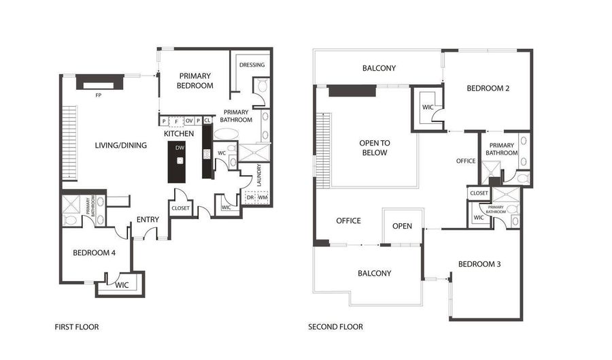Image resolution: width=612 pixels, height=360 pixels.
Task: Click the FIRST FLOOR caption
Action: coord(76,327)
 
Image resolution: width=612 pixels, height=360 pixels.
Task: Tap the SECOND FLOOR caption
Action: coord(335,327)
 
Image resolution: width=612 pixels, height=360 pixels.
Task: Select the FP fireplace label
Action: coord(98,95)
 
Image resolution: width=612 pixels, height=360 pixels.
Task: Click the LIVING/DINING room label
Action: coord(121,145)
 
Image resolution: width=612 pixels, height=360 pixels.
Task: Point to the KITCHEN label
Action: coord(179,134)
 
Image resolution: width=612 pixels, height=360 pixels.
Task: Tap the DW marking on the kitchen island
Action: coord(180,148)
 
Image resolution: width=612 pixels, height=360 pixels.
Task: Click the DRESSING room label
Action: coord(252,65)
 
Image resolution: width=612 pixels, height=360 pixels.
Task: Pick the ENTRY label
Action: coord(148,219)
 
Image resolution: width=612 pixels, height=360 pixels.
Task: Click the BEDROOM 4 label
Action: coord(94,252)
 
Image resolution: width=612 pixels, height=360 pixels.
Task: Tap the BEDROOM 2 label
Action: coord(488,88)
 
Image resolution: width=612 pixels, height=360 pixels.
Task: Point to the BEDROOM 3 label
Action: coord(479,264)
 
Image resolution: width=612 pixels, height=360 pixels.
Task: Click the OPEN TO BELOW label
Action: coord(375,148)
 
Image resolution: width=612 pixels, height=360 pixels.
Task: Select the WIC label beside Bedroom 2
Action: coord(427,107)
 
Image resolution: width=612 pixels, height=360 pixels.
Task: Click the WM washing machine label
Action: coord(262,197)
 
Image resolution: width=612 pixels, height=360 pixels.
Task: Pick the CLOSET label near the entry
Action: coord(180,208)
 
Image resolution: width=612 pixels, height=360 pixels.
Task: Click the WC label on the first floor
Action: coord(222,153)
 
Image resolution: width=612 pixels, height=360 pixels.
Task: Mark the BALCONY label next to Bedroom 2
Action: coord(379,68)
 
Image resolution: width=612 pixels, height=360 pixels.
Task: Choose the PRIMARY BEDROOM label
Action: coord(195,81)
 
